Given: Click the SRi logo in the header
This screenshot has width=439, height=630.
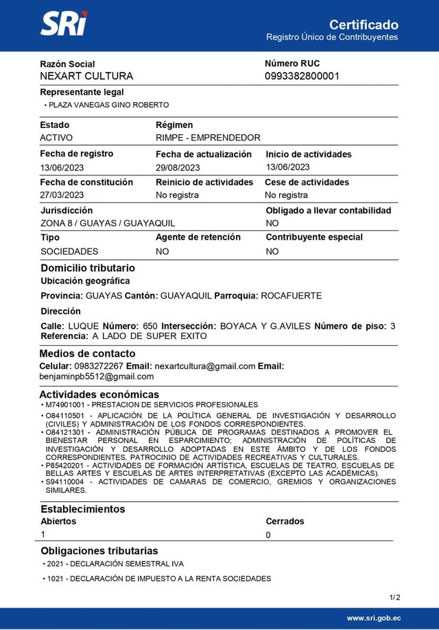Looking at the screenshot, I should point(64,25).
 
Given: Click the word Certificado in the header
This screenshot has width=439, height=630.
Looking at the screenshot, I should point(364,25).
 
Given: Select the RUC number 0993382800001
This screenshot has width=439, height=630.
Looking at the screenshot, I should point(302,76).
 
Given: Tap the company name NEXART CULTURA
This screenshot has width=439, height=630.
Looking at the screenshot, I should point(86,76).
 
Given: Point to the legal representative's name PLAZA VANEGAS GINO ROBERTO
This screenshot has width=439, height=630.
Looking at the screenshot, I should point(108,105).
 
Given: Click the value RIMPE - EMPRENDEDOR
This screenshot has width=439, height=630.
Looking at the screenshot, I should point(208,138).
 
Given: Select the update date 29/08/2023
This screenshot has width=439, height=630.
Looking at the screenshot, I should point(178,167).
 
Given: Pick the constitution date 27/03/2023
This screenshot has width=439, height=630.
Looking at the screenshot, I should point(62,195).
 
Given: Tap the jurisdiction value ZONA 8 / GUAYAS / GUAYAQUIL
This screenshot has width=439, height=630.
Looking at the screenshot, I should point(108,223).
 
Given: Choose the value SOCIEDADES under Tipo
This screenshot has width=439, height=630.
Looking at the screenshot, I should point(69,251).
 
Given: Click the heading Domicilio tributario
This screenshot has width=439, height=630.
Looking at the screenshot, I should point(88,268).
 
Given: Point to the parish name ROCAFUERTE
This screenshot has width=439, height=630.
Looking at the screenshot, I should point(292,296).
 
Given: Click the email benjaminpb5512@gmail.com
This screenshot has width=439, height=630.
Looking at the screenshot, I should point(96,376).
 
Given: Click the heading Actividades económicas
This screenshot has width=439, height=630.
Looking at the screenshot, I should point(99,394).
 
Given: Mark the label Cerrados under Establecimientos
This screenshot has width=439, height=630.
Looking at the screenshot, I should point(285,521).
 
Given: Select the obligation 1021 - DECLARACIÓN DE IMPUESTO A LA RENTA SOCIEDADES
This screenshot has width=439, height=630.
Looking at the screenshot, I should point(158,579).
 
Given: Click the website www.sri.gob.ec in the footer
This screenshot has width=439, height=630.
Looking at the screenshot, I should point(373,618).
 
